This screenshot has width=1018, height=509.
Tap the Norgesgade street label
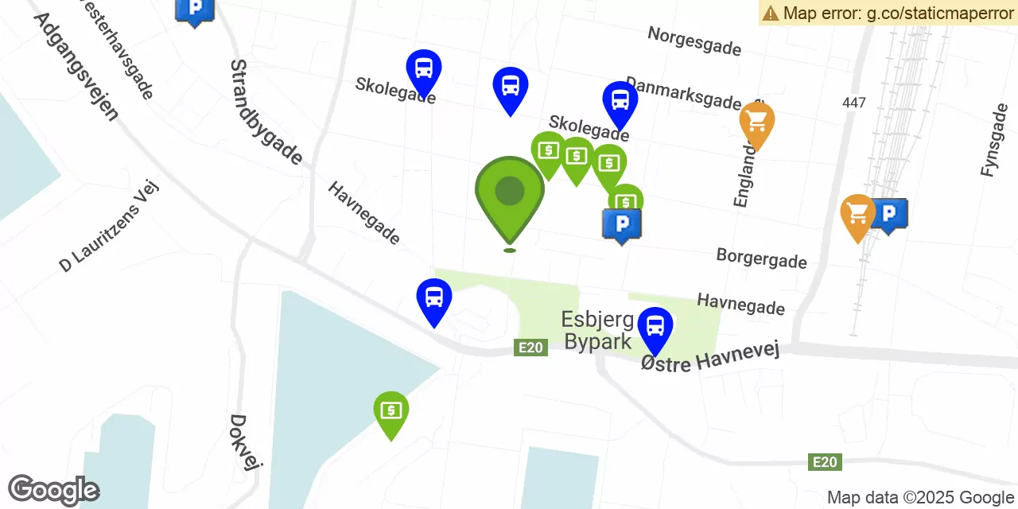pos(694,41)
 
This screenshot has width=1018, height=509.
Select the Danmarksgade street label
pos(682,92)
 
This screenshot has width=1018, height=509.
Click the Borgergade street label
pos(761,258)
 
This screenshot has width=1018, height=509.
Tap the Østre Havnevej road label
pos(709,356)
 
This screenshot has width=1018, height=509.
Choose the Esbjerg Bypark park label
pos(597,330)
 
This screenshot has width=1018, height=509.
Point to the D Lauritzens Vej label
pos(110,226)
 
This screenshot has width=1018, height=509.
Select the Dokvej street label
pos(245,442)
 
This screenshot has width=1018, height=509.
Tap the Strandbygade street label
pos(266,112)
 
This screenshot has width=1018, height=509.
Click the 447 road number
pos(854,103)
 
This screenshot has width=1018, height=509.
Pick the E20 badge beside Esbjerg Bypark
pos(530,348)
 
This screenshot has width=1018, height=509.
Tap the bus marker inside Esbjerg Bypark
pos(655,326)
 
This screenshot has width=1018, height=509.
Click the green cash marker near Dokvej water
pos(390,410)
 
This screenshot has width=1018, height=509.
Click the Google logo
pos(53,490)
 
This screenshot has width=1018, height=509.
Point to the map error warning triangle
pos(770,13)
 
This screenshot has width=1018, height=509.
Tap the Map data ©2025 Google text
pos(919,498)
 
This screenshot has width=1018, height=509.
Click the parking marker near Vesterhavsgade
pos(193,10)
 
